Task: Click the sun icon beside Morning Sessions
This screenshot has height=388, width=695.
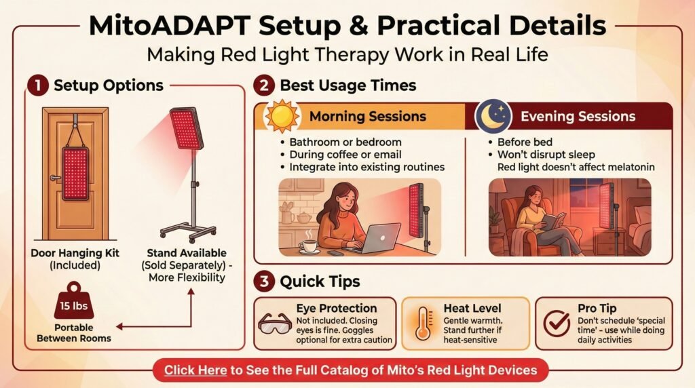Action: coord(282,117)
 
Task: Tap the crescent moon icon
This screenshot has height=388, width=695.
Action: coord(493,117)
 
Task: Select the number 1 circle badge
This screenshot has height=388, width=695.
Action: coord(38,85)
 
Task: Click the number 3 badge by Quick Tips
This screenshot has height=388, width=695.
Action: coord(264,282)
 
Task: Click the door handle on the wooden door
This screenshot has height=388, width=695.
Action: coord(55,178)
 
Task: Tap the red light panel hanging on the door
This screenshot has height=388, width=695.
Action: coord(75,174)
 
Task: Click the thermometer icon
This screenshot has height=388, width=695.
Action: coord(423,324)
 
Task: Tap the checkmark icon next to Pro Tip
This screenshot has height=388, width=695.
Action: coord(557,324)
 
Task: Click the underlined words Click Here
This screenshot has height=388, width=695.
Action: coord(195,370)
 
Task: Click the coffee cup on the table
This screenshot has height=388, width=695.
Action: coord(309,246)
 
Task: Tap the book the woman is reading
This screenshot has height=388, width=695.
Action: coord(554,220)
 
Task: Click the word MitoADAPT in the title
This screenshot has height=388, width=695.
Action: coord(170,25)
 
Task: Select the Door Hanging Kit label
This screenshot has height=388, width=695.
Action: coord(75,253)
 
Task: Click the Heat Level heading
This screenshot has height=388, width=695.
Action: coord(472,308)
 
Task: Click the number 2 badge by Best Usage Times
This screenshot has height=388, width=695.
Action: coord(264,85)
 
